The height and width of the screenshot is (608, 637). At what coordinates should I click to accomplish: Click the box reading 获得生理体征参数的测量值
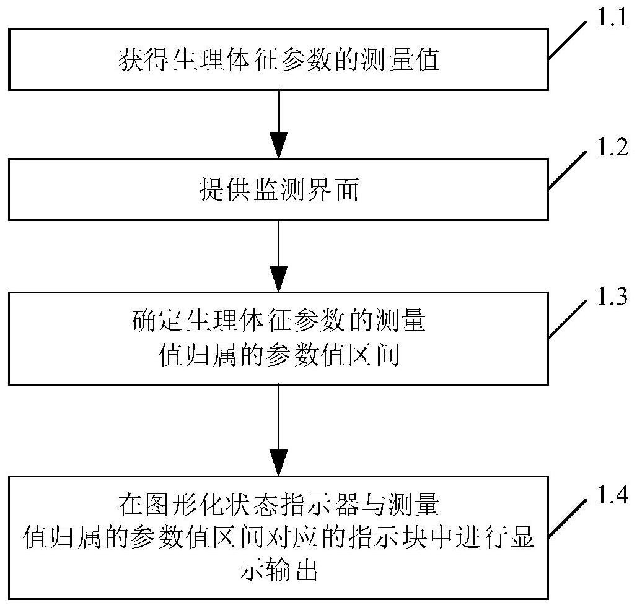coord(278,59)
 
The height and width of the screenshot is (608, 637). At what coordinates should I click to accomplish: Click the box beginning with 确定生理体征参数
coord(278,339)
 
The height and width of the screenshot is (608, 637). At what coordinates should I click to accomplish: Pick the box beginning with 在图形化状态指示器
coord(278,537)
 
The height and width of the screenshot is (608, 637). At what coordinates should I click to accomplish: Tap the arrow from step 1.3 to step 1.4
coord(278,430)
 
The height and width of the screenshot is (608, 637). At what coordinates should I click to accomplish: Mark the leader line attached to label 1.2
coord(567,170)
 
